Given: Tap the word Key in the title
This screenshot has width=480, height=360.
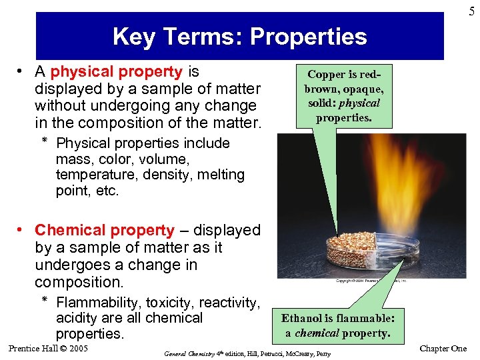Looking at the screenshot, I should [x=133, y=36].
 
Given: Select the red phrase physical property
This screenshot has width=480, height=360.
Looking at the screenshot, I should [x=117, y=71].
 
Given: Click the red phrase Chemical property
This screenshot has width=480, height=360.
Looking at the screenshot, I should [x=105, y=230].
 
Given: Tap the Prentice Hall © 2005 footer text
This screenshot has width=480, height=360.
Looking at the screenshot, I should [x=49, y=349].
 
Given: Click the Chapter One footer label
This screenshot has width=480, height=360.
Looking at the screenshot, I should [x=443, y=349].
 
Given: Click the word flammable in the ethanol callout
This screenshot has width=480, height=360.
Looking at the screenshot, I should [x=370, y=319].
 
